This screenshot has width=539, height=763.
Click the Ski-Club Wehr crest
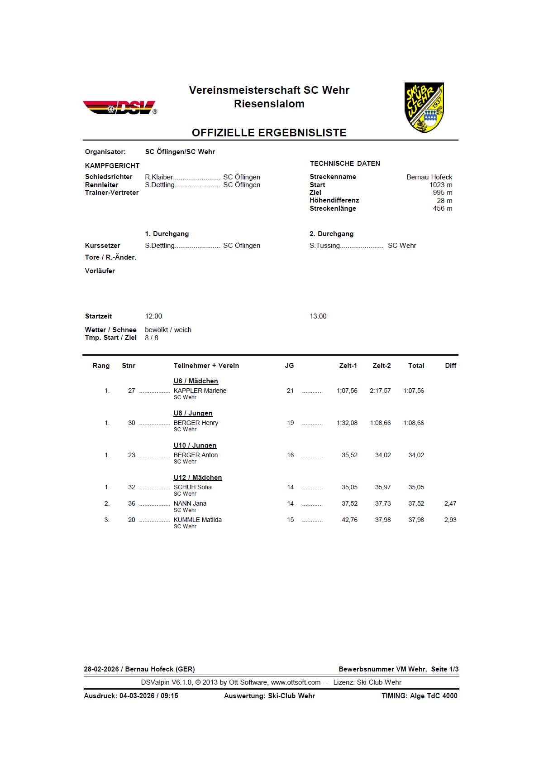point(424,107)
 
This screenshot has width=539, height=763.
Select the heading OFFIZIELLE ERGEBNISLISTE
point(269,133)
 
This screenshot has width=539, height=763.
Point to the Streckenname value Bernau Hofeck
point(429,177)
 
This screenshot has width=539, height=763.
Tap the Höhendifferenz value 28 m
point(444,201)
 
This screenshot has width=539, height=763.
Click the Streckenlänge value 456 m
point(442,208)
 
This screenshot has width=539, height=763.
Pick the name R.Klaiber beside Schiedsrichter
point(159,177)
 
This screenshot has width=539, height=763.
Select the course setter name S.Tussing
point(324,246)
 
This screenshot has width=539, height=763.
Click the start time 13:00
point(318,316)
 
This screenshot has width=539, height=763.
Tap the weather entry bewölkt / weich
point(168,330)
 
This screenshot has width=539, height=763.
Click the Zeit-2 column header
point(382,366)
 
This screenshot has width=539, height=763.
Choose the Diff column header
point(450,366)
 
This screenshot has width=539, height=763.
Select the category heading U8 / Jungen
point(193,413)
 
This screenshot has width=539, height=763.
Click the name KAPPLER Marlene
point(200,391)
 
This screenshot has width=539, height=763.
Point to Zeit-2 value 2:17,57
point(380,391)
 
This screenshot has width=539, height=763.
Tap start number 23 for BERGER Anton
point(131,455)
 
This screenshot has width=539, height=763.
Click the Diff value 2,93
point(450,520)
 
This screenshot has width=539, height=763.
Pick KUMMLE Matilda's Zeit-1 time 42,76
point(349,520)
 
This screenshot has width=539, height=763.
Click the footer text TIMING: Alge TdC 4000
point(419,695)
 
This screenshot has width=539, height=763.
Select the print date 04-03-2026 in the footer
point(137,695)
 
